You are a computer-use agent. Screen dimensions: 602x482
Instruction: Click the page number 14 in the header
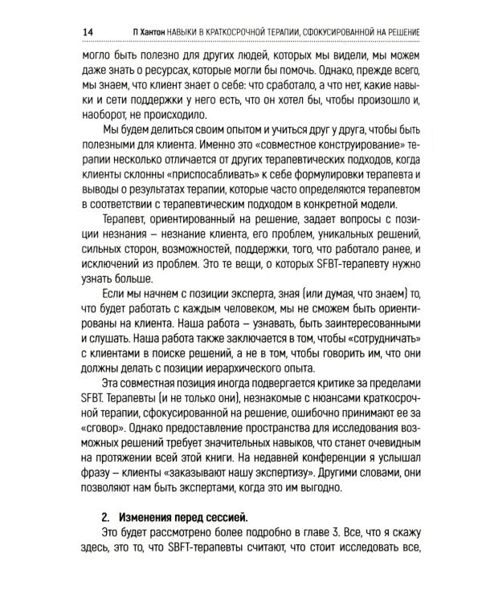[88, 31]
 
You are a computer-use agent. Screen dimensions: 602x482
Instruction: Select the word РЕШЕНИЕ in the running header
[399, 31]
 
